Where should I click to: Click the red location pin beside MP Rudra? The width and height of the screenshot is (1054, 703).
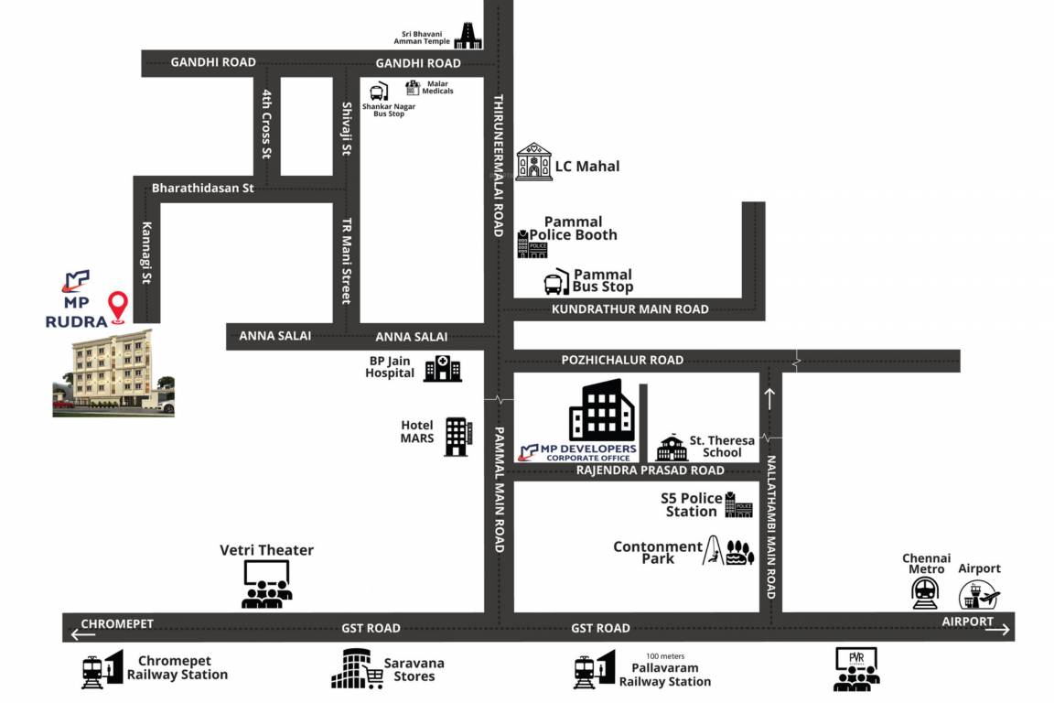[118, 308]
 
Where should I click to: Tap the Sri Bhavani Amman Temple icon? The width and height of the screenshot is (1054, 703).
[468, 36]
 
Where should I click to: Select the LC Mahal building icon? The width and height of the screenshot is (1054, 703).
[533, 162]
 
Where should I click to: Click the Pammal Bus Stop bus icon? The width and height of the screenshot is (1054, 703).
[556, 284]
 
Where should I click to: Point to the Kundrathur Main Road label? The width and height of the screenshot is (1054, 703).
[629, 309]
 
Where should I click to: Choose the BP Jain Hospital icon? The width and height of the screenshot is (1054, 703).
[443, 368]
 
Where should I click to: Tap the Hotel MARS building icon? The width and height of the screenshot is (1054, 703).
[457, 436]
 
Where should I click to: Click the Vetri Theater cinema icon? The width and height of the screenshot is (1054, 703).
[267, 584]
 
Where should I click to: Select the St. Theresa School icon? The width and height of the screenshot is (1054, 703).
[672, 447]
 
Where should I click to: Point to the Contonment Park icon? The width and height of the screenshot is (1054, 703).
[728, 553]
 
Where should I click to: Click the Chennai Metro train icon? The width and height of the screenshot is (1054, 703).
[926, 592]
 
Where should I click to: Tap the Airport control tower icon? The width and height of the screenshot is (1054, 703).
[978, 594]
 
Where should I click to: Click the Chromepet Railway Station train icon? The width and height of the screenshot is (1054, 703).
[101, 670]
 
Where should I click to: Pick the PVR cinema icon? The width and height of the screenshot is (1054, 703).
[856, 668]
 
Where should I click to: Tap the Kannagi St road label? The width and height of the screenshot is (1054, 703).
[146, 254]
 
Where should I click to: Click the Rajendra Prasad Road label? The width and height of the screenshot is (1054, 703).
[650, 470]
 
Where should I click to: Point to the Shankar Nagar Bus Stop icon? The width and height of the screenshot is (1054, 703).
[379, 92]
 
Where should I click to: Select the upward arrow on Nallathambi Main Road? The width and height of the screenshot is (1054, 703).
[769, 399]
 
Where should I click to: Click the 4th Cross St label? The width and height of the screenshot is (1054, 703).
[267, 124]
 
